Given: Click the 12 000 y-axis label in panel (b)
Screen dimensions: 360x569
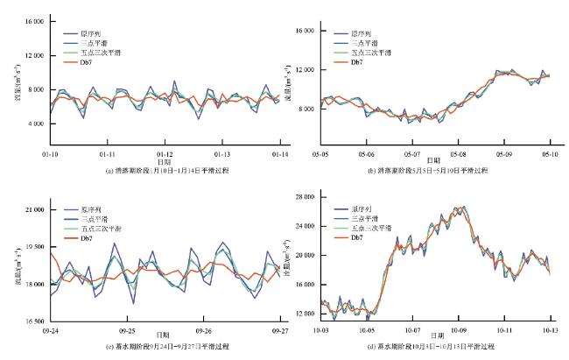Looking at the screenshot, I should click(304, 69).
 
